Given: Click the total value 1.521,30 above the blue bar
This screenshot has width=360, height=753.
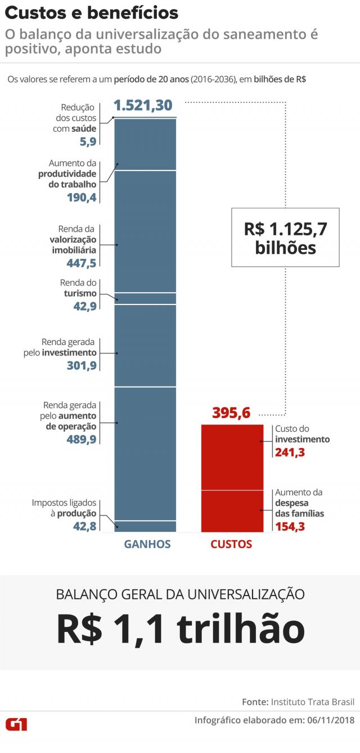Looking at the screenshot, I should pos(143,105).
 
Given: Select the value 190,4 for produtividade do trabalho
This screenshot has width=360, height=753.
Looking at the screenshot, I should pos(81,198).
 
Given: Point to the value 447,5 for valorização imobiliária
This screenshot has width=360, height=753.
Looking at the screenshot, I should pos(81,263).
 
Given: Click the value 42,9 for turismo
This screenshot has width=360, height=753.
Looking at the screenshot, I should pos(84,307).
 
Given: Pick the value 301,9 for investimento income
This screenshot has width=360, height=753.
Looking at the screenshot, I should pos(81,366).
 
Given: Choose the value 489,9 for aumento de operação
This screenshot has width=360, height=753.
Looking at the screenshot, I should pos(81,440).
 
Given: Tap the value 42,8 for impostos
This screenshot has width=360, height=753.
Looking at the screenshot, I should pos(84,526).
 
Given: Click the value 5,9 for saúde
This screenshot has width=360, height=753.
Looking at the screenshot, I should pos(88,142).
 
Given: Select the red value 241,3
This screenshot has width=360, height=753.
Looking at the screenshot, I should pos(290,452).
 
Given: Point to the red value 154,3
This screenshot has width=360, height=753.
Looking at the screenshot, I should pos(290,526).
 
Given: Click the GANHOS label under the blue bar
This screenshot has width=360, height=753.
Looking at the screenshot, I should pos(147,544).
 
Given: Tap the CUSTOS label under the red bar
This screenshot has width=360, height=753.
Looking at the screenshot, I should pos(231,544).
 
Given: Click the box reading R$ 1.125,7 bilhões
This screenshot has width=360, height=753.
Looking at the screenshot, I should pos(285,237).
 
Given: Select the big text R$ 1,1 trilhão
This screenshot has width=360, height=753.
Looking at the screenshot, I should pos(180,629).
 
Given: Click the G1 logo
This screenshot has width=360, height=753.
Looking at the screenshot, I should pos(16,724).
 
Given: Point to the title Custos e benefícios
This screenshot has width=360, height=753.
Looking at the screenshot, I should pos(92,13).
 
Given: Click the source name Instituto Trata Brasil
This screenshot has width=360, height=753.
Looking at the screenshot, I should pos(313,702).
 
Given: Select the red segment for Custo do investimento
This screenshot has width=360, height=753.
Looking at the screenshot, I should pos(232,457).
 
